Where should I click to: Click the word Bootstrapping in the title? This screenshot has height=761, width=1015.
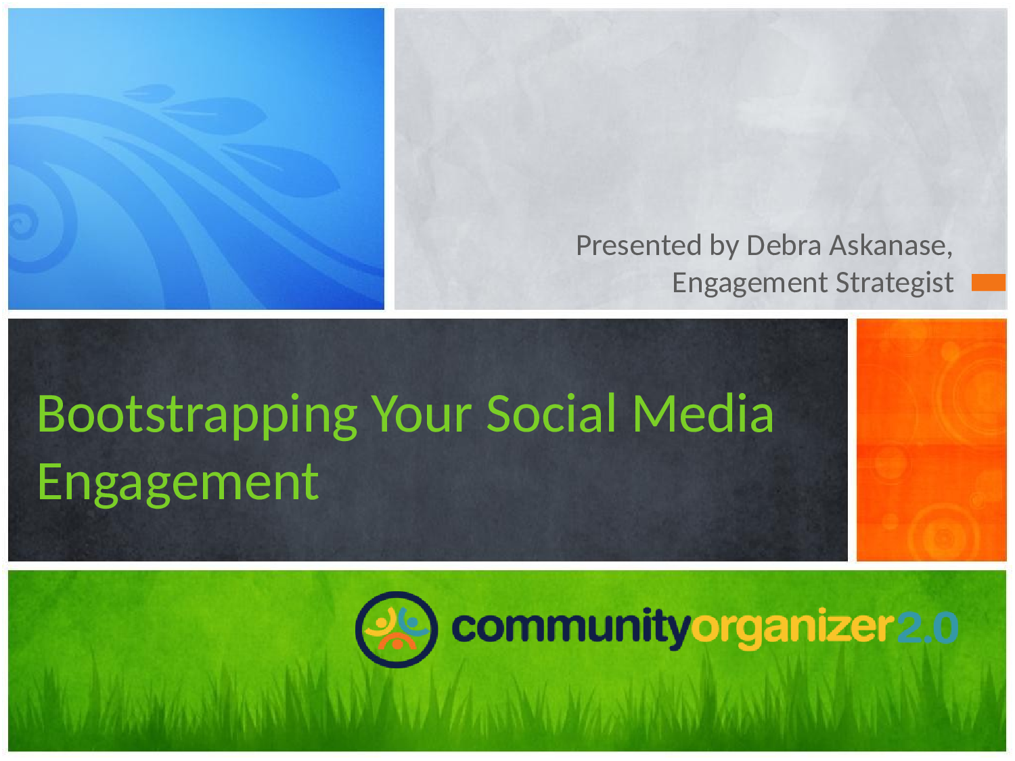click(197, 416)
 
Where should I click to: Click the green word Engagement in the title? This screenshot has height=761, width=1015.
click(179, 483)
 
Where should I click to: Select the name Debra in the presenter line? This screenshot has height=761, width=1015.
click(784, 246)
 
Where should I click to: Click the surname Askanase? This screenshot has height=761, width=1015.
click(890, 246)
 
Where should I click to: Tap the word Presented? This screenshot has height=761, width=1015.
click(639, 246)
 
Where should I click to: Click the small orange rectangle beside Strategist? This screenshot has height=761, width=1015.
click(988, 282)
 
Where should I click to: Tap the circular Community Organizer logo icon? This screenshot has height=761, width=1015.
click(397, 629)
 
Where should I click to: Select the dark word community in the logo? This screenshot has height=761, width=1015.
click(571, 628)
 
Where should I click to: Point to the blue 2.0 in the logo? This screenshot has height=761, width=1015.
click(928, 628)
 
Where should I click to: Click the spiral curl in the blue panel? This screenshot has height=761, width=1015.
click(22, 223)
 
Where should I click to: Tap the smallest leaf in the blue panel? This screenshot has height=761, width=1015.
click(149, 93)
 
